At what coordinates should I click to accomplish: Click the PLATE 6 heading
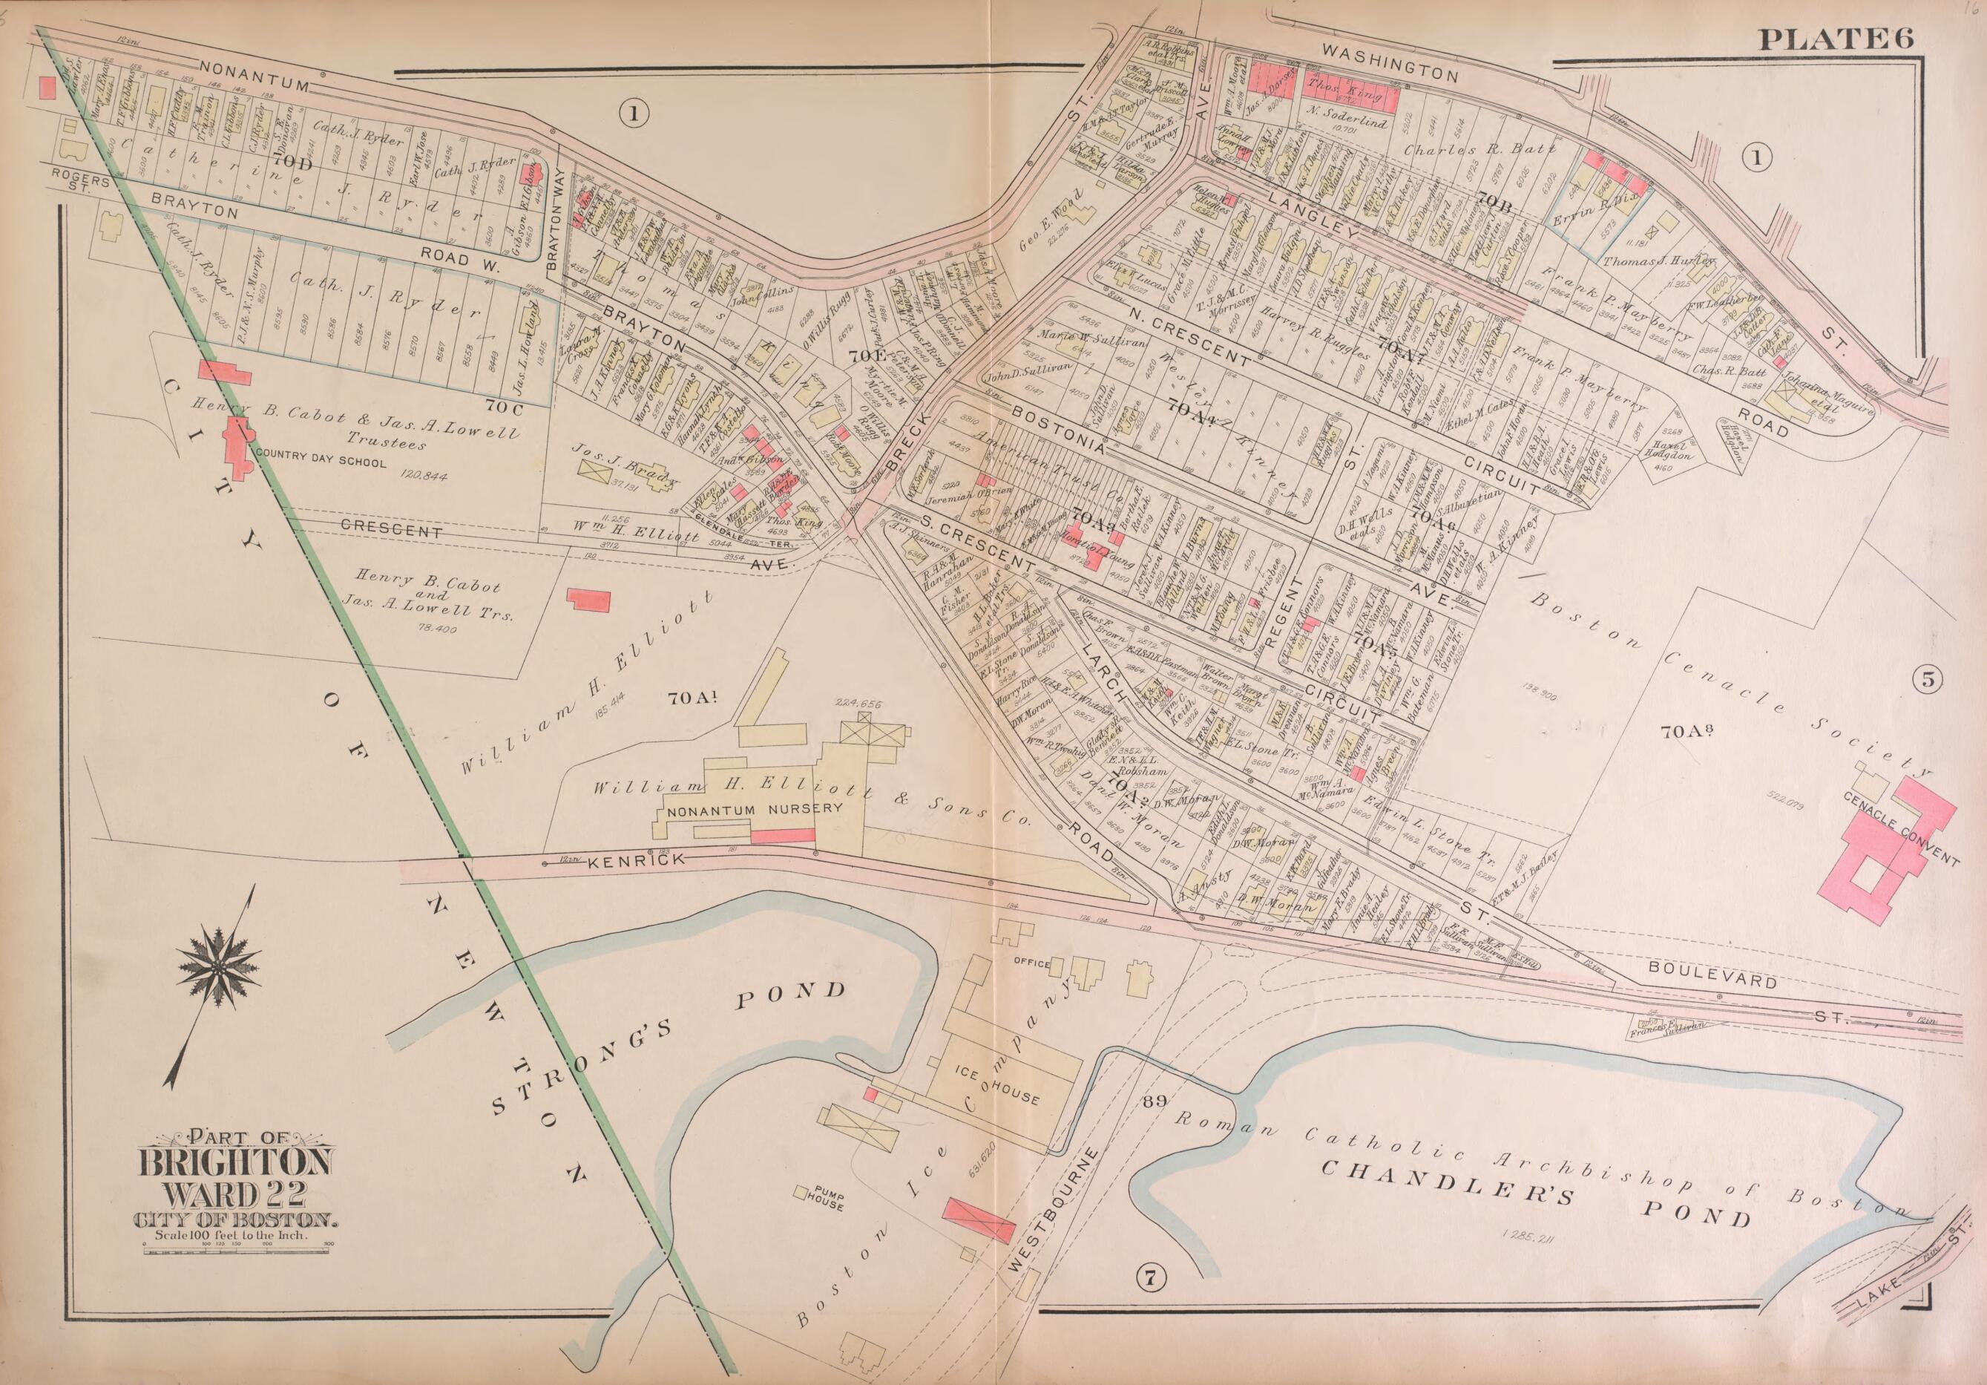click(x=1835, y=38)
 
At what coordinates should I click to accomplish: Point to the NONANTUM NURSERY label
click(x=754, y=809)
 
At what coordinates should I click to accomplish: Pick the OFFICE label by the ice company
click(x=1031, y=963)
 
